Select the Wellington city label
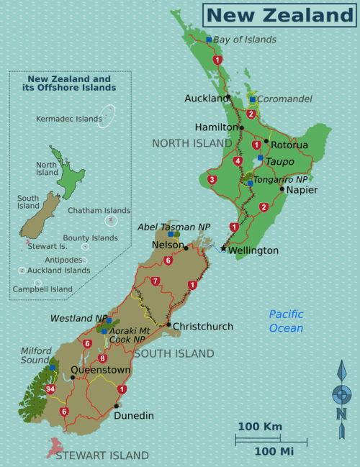click(x=253, y=250)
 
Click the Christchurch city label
click(x=203, y=326)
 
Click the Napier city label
click(x=302, y=190)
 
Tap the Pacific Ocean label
click(x=286, y=321)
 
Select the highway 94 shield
click(x=50, y=389)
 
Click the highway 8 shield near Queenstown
click(x=102, y=358)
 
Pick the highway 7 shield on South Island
click(x=156, y=281)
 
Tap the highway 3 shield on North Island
click(x=212, y=179)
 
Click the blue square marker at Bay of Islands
click(x=209, y=40)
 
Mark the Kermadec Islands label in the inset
click(x=69, y=119)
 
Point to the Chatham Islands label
click(x=99, y=211)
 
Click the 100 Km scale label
click(x=259, y=427)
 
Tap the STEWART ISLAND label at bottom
click(x=102, y=455)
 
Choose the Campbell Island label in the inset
click(x=42, y=289)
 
